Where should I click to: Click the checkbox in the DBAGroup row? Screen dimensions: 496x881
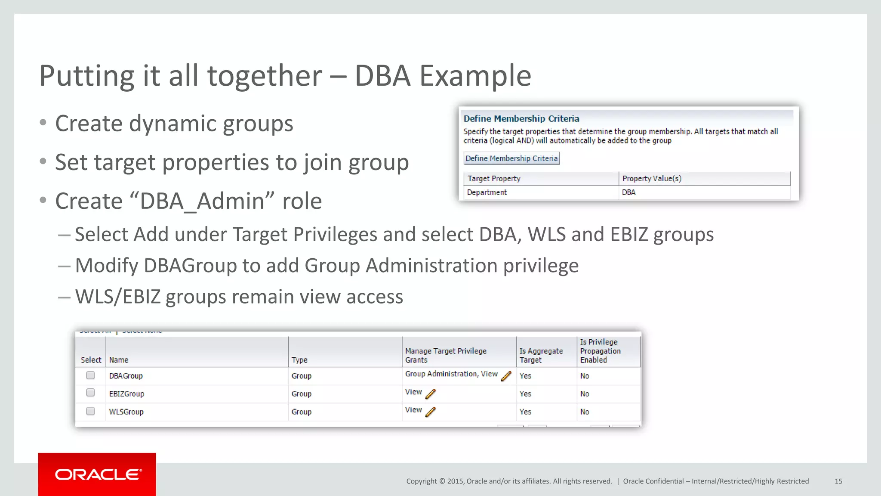click(x=90, y=375)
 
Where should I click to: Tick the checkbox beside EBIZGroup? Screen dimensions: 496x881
click(x=90, y=393)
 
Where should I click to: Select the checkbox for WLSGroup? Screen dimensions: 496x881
click(x=90, y=411)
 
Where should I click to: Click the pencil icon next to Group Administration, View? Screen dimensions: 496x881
click(x=506, y=376)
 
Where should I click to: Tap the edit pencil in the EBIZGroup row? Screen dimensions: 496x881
click(x=431, y=394)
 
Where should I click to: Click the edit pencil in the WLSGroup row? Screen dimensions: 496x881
click(x=431, y=412)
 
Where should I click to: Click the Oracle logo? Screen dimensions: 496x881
click(x=97, y=474)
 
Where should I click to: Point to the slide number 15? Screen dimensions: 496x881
click(x=838, y=481)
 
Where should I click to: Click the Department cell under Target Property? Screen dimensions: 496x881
click(x=487, y=192)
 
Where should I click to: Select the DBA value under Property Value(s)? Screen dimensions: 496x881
click(x=628, y=192)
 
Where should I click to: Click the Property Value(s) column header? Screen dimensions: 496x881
click(x=652, y=179)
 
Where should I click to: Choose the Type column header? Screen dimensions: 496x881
click(x=299, y=360)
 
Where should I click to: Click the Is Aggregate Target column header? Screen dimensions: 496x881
click(x=541, y=356)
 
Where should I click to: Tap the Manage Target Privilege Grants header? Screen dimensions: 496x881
click(x=446, y=356)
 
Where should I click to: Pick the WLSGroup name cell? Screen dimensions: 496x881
click(x=126, y=412)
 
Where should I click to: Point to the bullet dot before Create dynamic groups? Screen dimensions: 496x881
click(x=43, y=123)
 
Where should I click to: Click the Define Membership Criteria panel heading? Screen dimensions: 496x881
click(x=521, y=119)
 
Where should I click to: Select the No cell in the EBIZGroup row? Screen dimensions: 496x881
click(x=585, y=394)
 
